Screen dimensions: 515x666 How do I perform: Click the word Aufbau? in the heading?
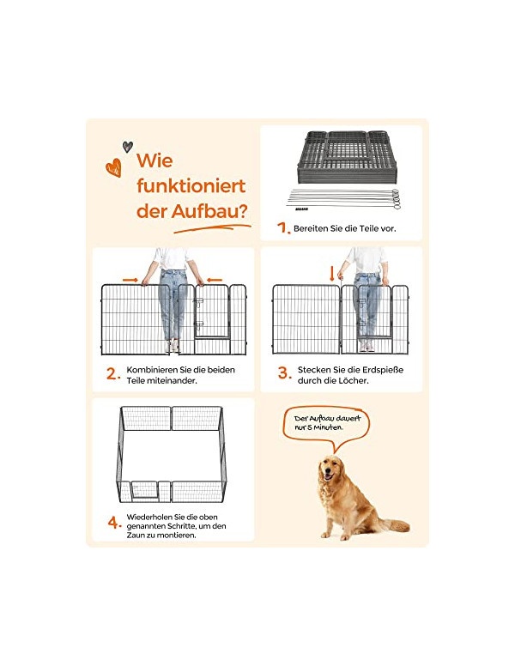coord(209,211)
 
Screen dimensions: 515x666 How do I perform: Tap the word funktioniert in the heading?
coord(191,186)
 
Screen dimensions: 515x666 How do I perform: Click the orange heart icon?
coord(113,167)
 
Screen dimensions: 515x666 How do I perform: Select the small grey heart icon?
coord(128,147)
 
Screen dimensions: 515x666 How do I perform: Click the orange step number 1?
coord(282,228)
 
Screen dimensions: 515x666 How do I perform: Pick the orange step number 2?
coord(113,374)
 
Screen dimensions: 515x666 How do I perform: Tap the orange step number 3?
coord(285,373)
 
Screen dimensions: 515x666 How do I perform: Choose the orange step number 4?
coord(114,522)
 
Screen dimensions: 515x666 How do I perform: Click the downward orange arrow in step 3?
coord(332,274)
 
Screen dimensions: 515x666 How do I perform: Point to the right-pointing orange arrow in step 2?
coord(130,280)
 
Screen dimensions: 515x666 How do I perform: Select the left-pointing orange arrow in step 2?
coord(215,280)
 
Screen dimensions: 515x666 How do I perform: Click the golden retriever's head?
coord(330,468)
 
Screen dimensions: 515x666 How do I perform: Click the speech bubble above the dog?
coord(327,426)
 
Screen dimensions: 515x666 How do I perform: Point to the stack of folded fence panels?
coord(347,156)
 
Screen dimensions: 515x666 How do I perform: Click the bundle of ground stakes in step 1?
coord(343,199)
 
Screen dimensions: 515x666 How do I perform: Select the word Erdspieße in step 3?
coord(383,370)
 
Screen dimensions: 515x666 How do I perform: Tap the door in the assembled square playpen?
coord(144,489)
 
